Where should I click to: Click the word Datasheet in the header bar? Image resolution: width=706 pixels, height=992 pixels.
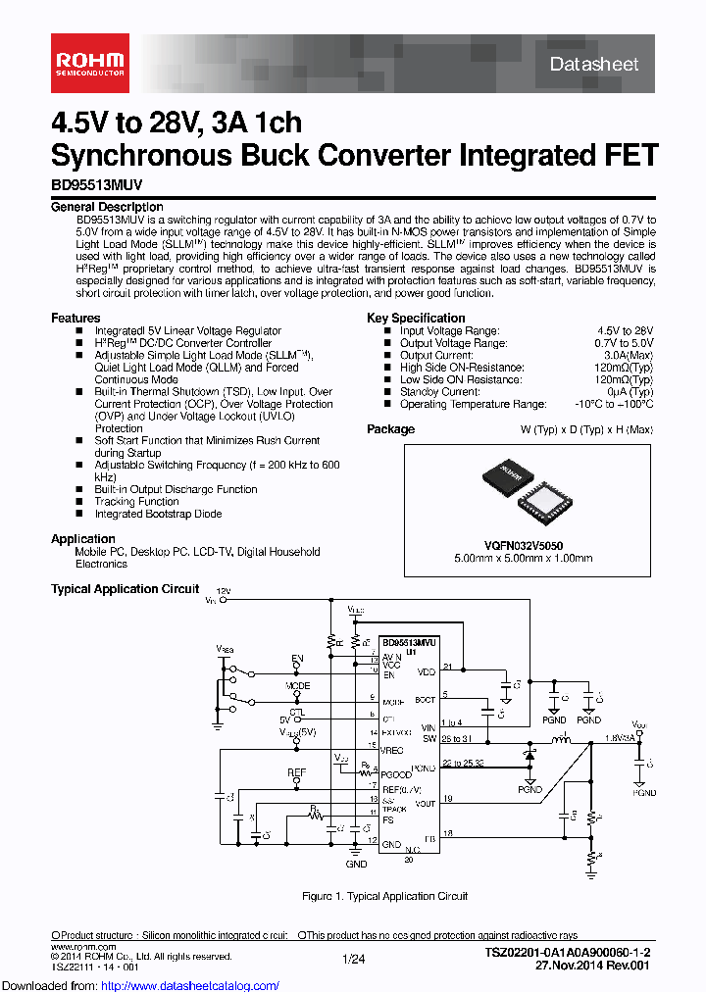(x=593, y=65)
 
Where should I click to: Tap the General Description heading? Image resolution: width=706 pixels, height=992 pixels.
(x=107, y=207)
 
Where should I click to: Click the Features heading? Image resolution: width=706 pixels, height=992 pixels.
(x=76, y=318)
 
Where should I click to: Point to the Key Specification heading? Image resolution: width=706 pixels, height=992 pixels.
(x=416, y=318)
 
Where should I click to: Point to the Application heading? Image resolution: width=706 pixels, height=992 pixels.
(x=83, y=539)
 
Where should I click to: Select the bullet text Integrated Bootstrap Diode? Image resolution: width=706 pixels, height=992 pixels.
(x=158, y=514)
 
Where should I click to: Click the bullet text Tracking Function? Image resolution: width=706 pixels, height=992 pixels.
(x=136, y=502)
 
